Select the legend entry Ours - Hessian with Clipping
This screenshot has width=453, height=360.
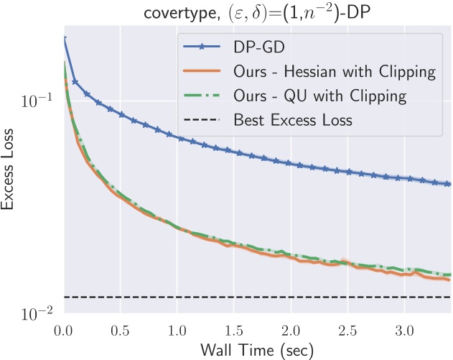[x=335, y=72]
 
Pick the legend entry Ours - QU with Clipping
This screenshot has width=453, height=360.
[x=320, y=96]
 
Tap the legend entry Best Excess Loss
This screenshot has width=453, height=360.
[x=293, y=119]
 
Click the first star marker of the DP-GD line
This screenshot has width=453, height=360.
[x=65, y=39]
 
